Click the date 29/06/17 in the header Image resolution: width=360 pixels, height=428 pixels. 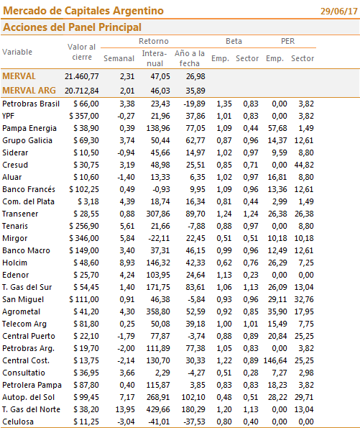click(338, 12)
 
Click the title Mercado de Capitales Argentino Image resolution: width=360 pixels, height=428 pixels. click(83, 11)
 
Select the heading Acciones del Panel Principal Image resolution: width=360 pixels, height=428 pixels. click(72, 27)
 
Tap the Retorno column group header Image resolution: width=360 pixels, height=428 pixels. click(154, 41)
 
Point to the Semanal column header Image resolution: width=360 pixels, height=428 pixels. click(119, 58)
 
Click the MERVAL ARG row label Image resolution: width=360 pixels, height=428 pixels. click(29, 91)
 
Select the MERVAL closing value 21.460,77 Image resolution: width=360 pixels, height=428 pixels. click(81, 76)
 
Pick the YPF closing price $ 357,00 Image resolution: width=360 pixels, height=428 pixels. click(84, 116)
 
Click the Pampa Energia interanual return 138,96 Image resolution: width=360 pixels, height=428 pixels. click(158, 128)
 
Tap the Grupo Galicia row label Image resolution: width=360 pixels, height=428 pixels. click(27, 140)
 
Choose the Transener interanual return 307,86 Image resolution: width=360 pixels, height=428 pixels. click(158, 214)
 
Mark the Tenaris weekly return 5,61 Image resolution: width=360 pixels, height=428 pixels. click(127, 226)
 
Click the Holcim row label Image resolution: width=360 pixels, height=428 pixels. click(14, 263)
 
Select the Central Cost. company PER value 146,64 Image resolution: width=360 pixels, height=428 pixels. click(275, 360)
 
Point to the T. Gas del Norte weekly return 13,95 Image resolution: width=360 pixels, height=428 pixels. click(125, 409)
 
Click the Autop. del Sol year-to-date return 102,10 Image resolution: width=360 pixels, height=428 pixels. click(193, 397)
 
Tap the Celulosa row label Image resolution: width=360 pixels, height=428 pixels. click(18, 422)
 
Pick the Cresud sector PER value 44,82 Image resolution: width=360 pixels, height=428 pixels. click(304, 165)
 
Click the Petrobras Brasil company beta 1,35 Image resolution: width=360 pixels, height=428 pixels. click(224, 104)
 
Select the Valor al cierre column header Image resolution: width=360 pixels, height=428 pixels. click(81, 52)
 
